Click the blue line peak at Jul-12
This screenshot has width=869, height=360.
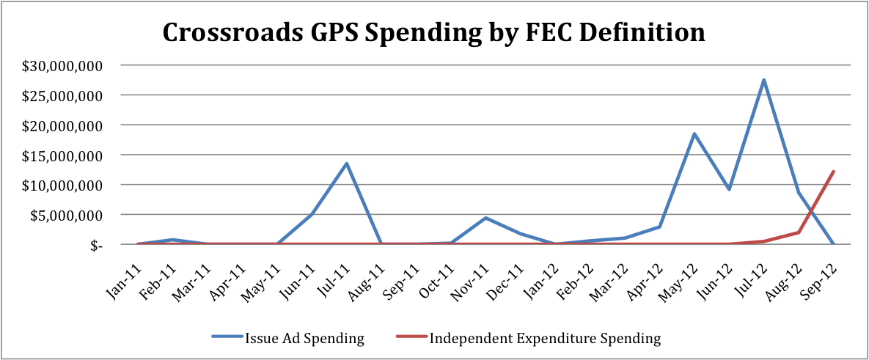click(764, 80)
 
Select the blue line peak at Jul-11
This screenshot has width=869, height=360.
click(346, 163)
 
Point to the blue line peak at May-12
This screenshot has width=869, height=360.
click(694, 134)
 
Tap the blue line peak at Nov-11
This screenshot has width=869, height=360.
click(485, 218)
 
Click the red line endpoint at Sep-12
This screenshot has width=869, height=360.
click(834, 172)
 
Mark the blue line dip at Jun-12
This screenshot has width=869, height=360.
click(729, 189)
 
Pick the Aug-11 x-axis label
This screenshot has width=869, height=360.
click(367, 271)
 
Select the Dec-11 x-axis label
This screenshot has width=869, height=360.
click(507, 271)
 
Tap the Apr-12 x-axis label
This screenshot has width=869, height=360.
click(646, 271)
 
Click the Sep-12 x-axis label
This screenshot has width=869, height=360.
click(820, 271)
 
